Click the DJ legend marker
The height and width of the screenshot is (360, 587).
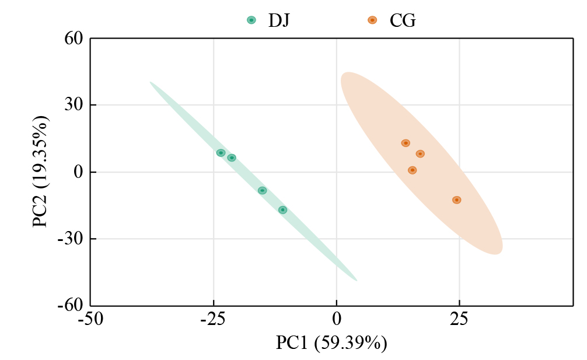(251, 20)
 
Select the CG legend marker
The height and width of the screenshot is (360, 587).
(372, 20)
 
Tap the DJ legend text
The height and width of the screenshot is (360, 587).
(279, 20)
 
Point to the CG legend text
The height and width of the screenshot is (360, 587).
(403, 20)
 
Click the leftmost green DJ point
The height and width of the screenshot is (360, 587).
(221, 153)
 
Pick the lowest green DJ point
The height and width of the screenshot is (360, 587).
(282, 210)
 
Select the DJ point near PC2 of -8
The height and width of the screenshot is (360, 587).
(263, 190)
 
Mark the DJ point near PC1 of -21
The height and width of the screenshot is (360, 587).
(232, 158)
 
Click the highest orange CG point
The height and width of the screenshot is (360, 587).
(406, 143)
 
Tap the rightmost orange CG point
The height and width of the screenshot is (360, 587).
(456, 200)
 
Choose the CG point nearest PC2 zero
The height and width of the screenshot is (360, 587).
(412, 170)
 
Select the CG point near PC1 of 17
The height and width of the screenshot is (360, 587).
(420, 154)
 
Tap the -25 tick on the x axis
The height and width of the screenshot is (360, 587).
(213, 319)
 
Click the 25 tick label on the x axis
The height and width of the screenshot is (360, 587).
(459, 319)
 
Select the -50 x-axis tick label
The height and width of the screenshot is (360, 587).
(90, 319)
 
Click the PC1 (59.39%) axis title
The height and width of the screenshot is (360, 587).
(331, 343)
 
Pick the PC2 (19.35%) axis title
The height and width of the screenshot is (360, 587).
(41, 172)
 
